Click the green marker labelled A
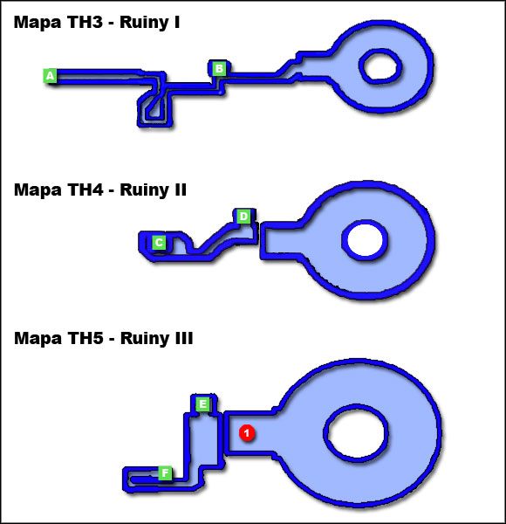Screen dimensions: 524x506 tap(51, 76)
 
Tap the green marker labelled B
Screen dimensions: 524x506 tap(219, 68)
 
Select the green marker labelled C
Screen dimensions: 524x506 tap(159, 242)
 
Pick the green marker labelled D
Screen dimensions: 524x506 tap(243, 216)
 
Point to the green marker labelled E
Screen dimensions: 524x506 tap(202, 403)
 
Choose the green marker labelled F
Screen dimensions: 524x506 tap(164, 473)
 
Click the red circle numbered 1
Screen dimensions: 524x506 tap(247, 432)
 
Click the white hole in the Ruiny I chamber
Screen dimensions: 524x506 tap(380, 65)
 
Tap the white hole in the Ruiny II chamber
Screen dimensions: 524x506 tap(363, 238)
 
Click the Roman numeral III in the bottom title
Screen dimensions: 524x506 tap(181, 338)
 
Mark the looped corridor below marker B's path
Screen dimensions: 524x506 tap(154, 108)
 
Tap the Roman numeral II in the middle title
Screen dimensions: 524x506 tap(179, 190)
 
